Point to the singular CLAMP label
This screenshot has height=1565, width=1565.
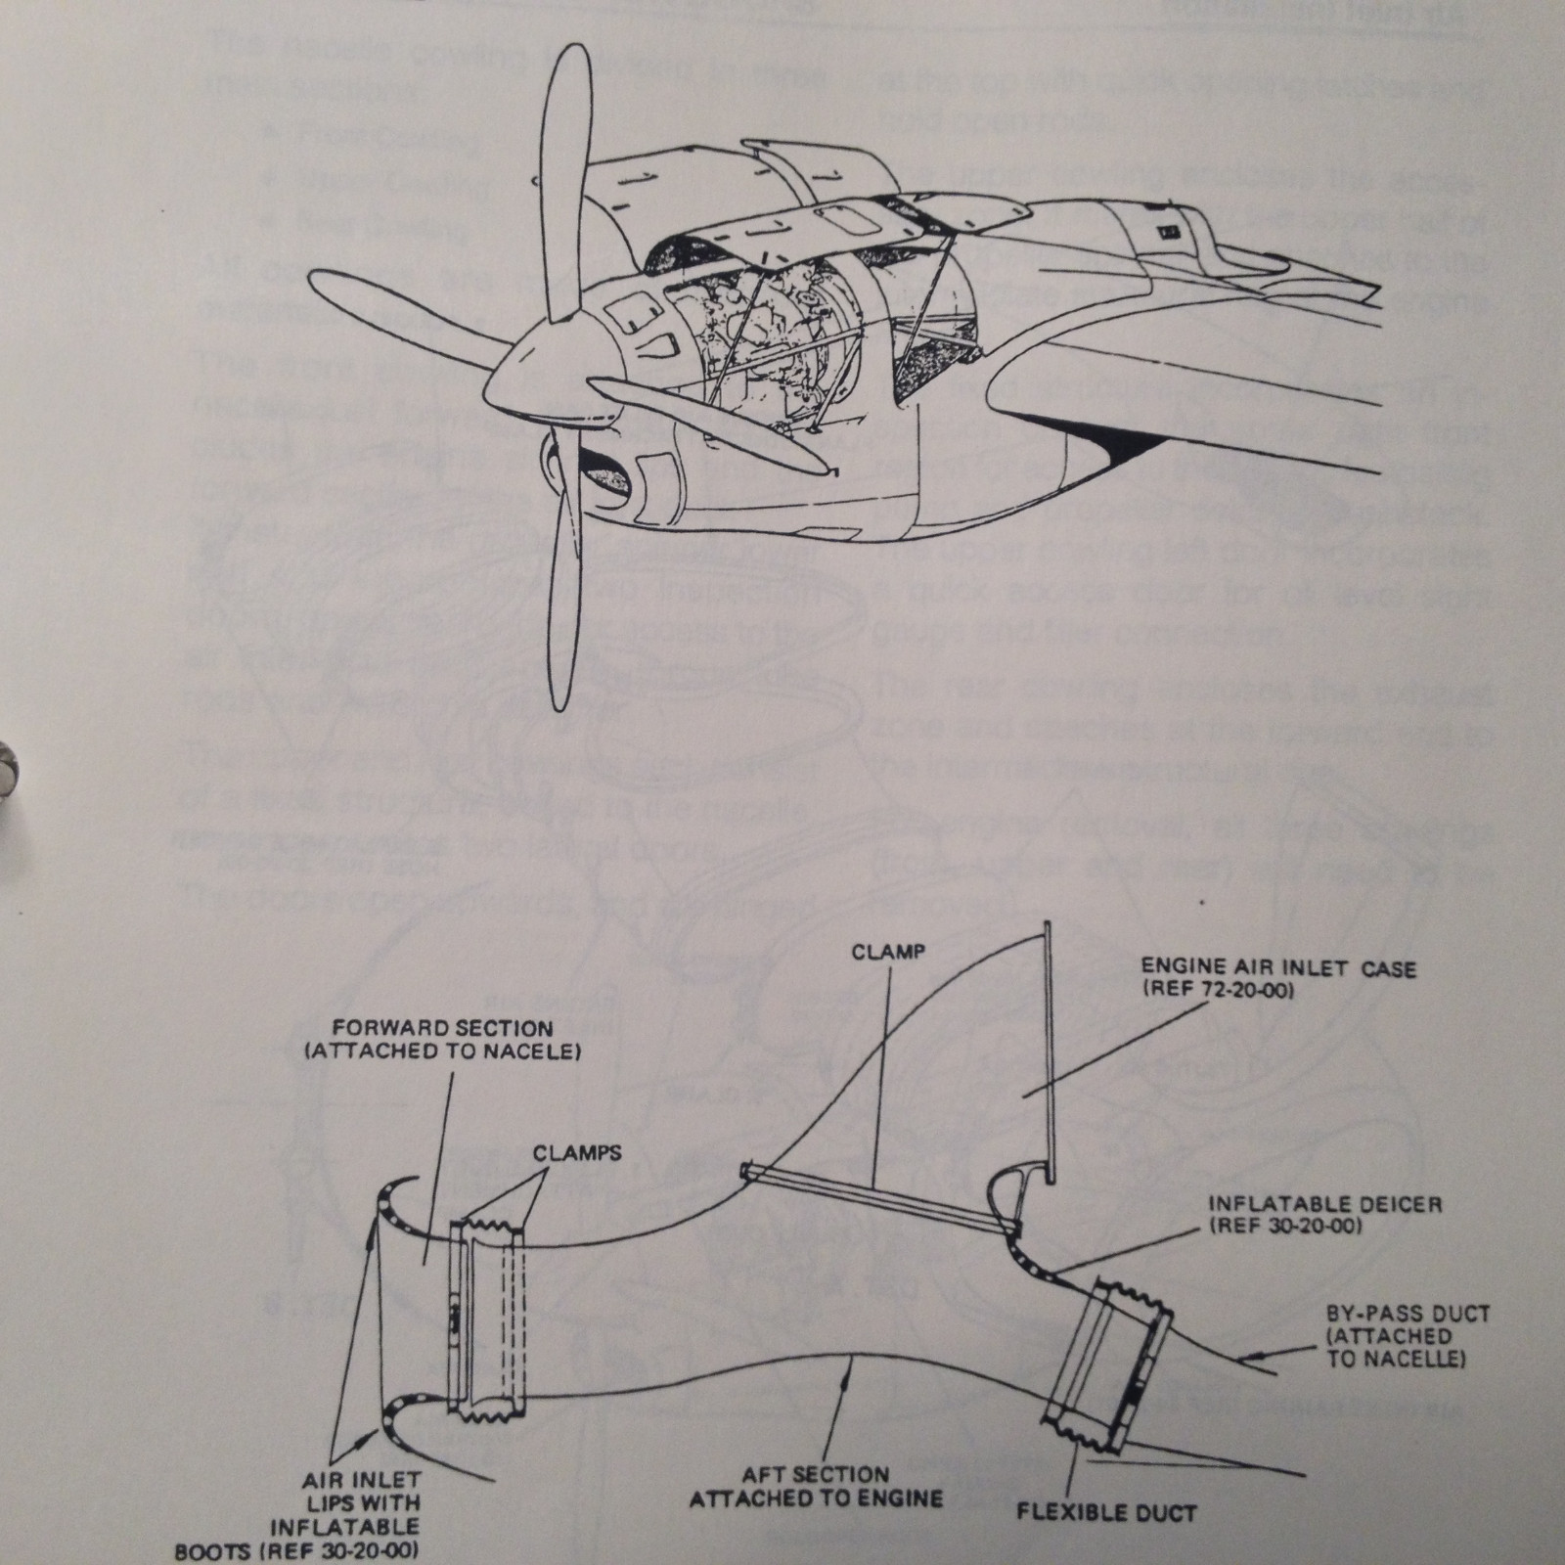click(889, 951)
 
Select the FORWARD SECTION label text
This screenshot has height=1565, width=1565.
click(442, 1029)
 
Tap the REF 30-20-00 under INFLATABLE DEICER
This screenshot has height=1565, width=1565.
click(1285, 1226)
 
